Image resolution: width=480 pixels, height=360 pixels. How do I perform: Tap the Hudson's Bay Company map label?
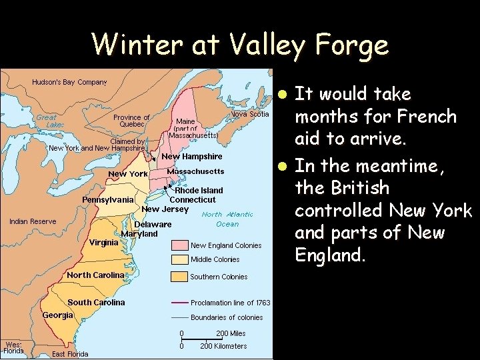[x=69, y=83]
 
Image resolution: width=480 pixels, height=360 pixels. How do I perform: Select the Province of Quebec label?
[x=131, y=121]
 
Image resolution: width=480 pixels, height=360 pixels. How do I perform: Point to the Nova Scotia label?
[x=250, y=114]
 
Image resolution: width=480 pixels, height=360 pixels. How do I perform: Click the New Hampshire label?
[x=193, y=157]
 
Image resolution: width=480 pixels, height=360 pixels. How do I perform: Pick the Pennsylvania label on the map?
[x=107, y=199]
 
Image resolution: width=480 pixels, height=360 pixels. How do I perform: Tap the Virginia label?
[x=104, y=243]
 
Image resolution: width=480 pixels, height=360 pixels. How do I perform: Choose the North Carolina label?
[x=95, y=275]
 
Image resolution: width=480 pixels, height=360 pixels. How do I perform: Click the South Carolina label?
[x=96, y=302]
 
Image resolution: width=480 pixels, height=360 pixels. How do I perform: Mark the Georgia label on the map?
[x=59, y=315]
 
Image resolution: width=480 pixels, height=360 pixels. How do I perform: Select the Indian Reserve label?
[x=33, y=221]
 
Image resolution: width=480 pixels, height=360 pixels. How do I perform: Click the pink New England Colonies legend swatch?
[x=180, y=245]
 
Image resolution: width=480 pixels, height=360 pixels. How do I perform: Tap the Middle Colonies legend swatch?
[x=180, y=259]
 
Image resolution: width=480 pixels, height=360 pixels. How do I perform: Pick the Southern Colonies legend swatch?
[x=180, y=276]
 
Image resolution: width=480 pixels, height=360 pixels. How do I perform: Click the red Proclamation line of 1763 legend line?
[x=180, y=303]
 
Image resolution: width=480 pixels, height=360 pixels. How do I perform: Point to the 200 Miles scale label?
[x=231, y=333]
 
